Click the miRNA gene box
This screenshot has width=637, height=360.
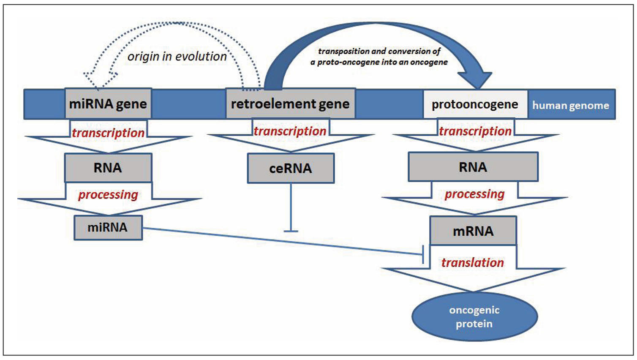click(x=108, y=104)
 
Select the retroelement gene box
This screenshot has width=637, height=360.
click(x=290, y=104)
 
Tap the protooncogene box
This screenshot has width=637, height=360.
click(x=475, y=104)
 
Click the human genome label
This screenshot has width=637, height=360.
click(x=570, y=105)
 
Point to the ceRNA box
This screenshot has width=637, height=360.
click(x=291, y=168)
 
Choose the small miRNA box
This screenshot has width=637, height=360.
click(x=108, y=227)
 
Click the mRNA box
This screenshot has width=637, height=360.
click(x=473, y=231)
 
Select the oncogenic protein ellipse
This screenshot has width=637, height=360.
click(x=474, y=317)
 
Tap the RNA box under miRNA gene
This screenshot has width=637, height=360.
click(x=108, y=168)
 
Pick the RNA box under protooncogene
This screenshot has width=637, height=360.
click(x=473, y=167)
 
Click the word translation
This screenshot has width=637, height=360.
click(x=473, y=262)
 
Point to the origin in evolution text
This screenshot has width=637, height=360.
click(x=177, y=56)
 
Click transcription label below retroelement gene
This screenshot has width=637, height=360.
click(x=290, y=131)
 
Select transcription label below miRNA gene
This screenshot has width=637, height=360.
click(x=108, y=133)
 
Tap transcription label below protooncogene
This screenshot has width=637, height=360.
click(x=475, y=131)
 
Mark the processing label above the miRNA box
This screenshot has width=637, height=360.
click(x=108, y=194)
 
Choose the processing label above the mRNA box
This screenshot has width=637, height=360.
click(x=474, y=194)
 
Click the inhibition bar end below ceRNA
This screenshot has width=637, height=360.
click(x=291, y=231)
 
